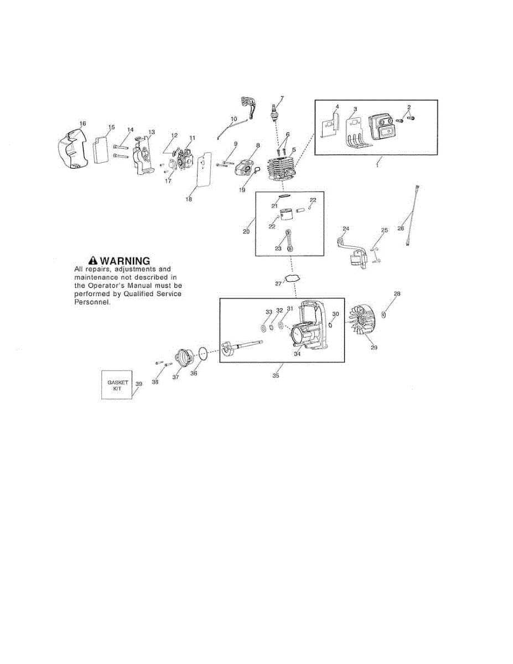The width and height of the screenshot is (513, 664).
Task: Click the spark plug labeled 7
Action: pos(274,113)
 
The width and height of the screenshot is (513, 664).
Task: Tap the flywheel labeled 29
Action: pos(363,324)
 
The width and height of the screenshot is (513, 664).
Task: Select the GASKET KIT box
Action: pos(117,384)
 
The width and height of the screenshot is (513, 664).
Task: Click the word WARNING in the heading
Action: pos(125,261)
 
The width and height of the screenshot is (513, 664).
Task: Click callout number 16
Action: pos(83,123)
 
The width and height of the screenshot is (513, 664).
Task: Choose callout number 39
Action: pos(139,384)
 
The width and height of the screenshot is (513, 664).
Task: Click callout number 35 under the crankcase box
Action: pos(276,375)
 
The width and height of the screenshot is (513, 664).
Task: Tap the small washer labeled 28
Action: pos(384,314)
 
